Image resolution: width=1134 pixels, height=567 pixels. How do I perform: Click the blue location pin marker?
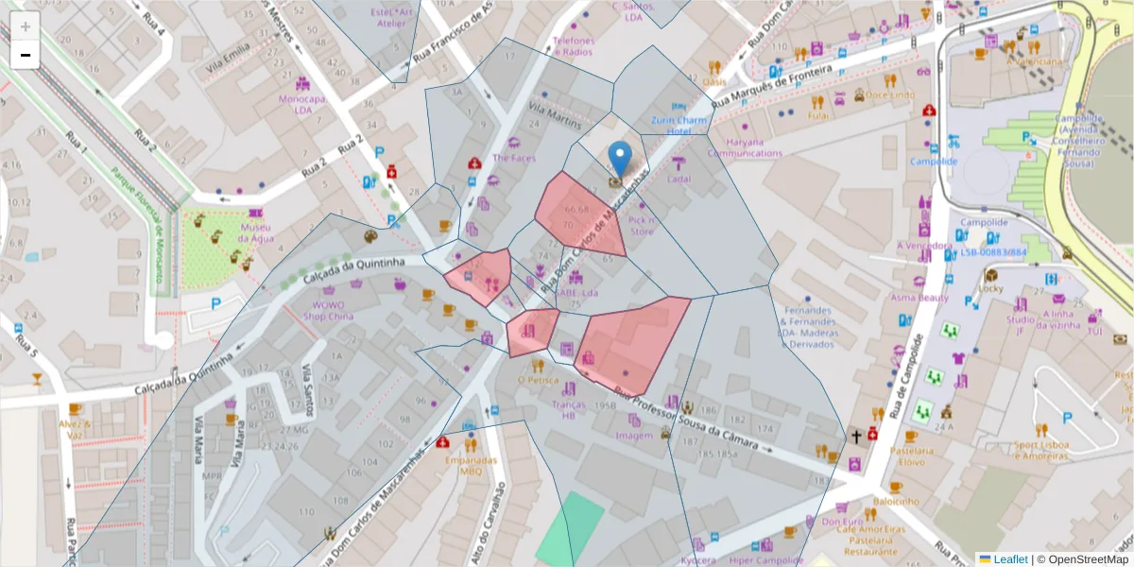click(620, 157)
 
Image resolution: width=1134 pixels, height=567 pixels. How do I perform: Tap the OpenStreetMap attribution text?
click(1083, 559)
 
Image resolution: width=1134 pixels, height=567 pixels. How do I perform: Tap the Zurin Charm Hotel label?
click(679, 126)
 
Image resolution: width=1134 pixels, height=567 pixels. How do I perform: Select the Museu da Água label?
click(255, 232)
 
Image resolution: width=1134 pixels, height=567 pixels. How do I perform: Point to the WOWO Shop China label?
click(327, 311)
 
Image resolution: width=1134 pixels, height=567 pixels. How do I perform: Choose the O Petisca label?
click(538, 381)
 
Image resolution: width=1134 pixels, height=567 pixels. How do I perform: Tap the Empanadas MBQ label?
click(471, 466)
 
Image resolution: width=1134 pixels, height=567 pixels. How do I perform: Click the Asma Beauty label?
click(919, 298)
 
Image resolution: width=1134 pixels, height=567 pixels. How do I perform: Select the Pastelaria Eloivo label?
click(911, 456)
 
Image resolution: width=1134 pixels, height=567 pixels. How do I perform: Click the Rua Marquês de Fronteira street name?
click(772, 85)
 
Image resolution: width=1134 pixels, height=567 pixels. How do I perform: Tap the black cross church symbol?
click(856, 436)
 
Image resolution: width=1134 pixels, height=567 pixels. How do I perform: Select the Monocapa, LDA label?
click(301, 104)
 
